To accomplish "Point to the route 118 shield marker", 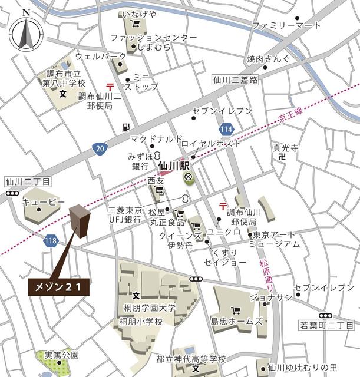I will pyautogui.click(x=50, y=240).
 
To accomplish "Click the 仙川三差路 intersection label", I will pyautogui.click(x=236, y=79).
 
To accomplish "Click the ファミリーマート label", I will pyautogui.click(x=286, y=25).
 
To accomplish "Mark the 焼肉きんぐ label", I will pyautogui.click(x=268, y=59).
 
